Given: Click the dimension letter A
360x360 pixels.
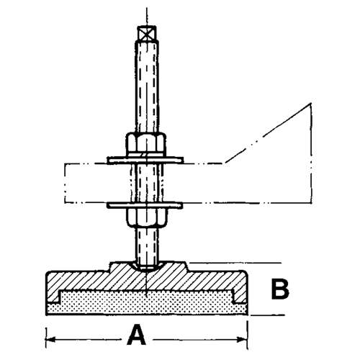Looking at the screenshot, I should click(x=137, y=334).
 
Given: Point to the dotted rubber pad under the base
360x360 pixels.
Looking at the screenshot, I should click(x=144, y=302).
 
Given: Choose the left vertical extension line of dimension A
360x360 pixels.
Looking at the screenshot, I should click(x=47, y=328).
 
